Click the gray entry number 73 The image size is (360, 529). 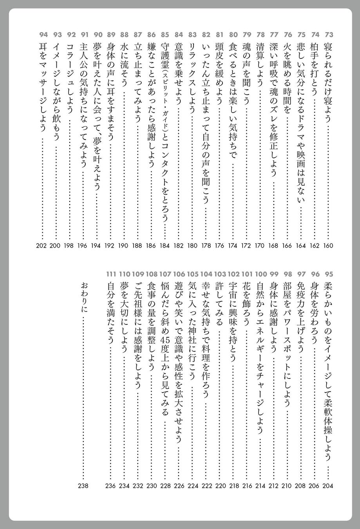coord(328,34)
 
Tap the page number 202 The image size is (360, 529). coord(41,246)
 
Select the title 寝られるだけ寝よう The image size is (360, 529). coord(328,82)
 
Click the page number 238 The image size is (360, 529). coord(83,486)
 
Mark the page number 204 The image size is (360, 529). coord(328,486)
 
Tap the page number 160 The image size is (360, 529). coord(328,246)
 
